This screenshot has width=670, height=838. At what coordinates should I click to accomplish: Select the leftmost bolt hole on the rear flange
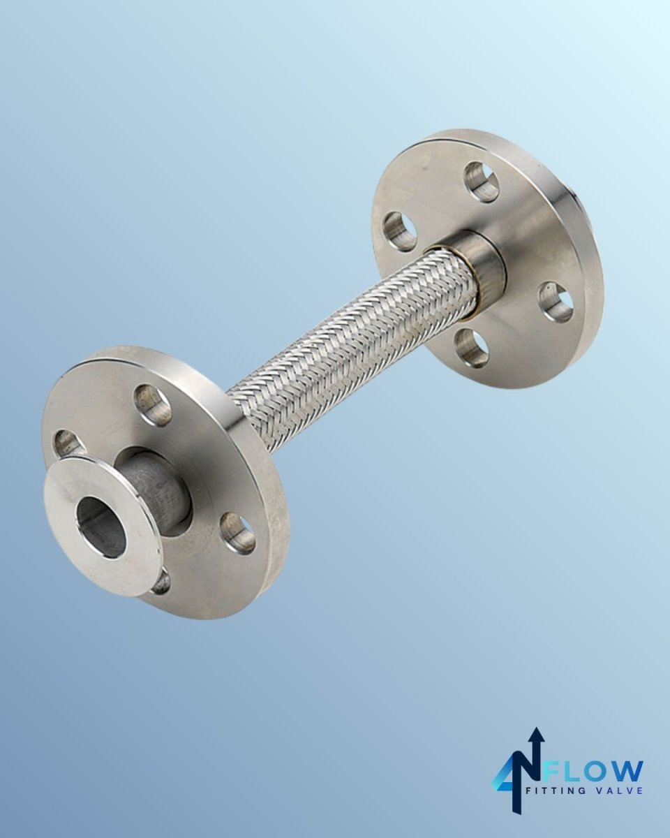pyautogui.click(x=401, y=231)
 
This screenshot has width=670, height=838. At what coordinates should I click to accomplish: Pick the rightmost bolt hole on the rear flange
pyautogui.click(x=556, y=301)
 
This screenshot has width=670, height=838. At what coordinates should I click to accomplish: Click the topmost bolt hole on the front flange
pyautogui.click(x=154, y=404)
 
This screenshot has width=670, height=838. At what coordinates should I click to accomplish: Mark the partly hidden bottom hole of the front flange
pyautogui.click(x=161, y=582)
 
